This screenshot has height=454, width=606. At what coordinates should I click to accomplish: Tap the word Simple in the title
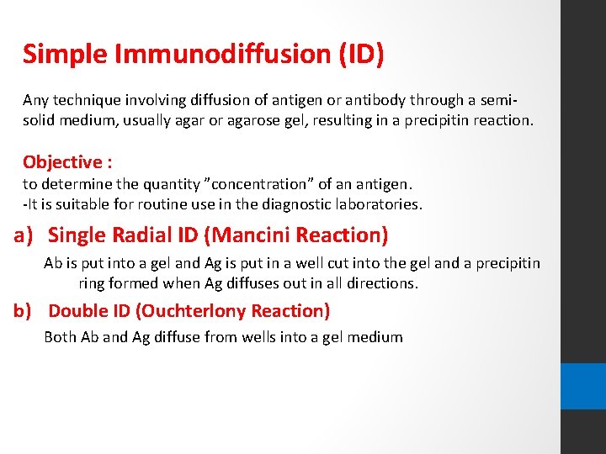tap(63, 54)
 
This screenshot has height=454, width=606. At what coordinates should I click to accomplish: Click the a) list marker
tap(25, 235)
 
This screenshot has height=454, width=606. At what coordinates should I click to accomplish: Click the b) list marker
tap(25, 311)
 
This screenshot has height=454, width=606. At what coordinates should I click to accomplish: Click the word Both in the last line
tap(60, 337)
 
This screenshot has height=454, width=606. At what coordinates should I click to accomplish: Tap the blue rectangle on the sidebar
tap(583, 386)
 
